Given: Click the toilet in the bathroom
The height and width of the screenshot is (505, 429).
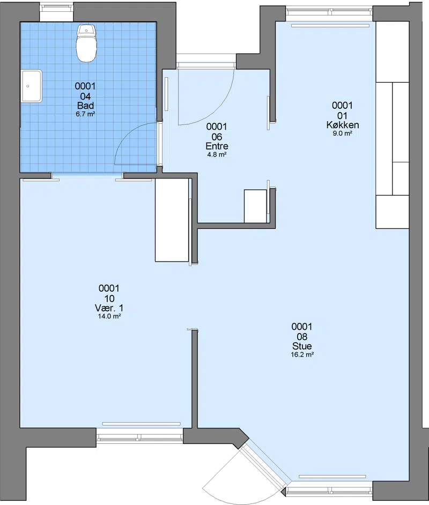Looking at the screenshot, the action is (x=86, y=43).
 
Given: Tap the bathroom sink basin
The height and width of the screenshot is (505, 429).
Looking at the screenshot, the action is (x=32, y=86).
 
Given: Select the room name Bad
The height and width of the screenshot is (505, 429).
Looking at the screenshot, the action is (x=85, y=106).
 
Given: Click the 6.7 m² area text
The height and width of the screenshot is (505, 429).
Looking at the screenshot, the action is (x=85, y=114).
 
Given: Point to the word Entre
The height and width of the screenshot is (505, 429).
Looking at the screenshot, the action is (x=217, y=146).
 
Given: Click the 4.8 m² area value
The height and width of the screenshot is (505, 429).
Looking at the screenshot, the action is (x=217, y=154).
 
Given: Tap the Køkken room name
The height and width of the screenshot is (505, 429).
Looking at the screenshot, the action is (x=342, y=125).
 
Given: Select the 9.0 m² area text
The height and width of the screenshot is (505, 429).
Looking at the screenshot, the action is (x=342, y=133).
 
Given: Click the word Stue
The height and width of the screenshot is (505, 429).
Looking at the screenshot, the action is (x=302, y=346).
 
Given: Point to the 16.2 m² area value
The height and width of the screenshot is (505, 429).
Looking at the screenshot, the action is (x=302, y=354).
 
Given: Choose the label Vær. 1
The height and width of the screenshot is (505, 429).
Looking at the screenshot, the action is (x=109, y=308).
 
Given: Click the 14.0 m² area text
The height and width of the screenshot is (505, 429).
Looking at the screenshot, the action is (x=109, y=316).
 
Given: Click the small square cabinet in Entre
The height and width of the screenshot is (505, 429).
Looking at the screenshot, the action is (x=255, y=206).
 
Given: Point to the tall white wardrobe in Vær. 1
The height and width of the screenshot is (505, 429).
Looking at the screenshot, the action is (x=172, y=220).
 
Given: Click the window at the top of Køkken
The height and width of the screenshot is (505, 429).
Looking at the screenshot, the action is (x=329, y=12).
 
